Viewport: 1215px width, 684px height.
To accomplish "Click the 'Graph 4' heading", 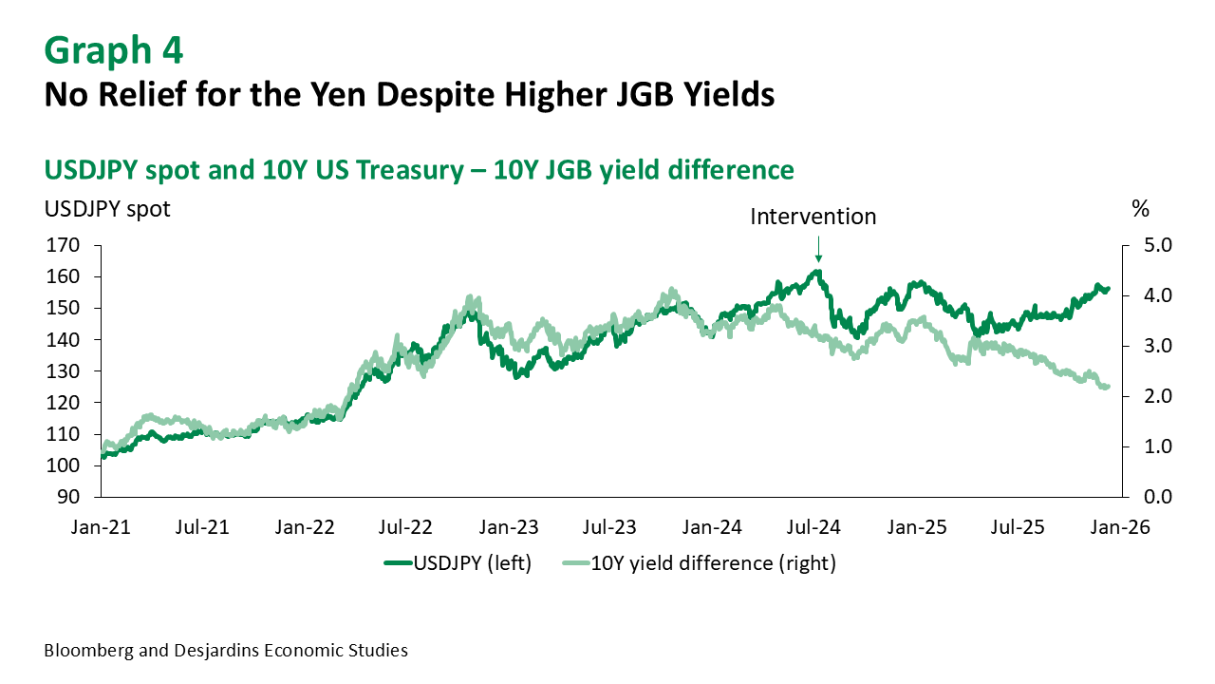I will tap(113, 49).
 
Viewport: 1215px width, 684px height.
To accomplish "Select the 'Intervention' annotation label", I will tap(813, 217).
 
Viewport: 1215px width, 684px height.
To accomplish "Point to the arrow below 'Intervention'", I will tap(817, 249).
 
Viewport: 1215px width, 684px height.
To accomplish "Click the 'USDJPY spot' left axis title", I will tap(107, 208).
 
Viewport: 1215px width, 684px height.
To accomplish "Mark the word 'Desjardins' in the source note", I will tap(210, 651).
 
